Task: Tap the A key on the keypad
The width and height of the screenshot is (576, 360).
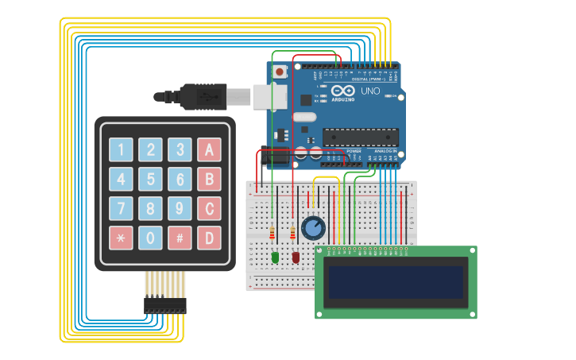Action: click(209, 149)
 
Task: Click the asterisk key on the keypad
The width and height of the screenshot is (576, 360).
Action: click(121, 238)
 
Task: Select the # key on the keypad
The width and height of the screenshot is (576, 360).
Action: click(180, 238)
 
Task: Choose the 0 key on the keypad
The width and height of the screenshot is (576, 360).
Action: click(150, 238)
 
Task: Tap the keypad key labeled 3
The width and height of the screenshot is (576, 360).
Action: click(180, 149)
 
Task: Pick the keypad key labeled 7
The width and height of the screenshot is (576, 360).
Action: click(121, 208)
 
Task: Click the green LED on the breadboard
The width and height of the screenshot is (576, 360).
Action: click(275, 257)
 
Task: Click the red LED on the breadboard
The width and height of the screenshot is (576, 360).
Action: click(296, 257)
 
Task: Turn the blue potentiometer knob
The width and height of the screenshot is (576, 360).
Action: click(313, 228)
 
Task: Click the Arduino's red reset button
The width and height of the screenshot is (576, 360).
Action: click(280, 72)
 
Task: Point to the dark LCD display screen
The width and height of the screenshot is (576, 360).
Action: click(396, 282)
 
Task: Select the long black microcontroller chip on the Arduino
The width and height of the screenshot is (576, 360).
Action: click(360, 137)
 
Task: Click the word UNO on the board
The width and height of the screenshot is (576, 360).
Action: click(370, 91)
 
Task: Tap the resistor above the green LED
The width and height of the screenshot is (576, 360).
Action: click(273, 233)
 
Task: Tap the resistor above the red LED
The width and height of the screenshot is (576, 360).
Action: click(293, 233)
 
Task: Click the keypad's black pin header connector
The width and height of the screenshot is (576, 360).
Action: click(165, 306)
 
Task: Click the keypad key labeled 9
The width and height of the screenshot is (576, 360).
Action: click(180, 208)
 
